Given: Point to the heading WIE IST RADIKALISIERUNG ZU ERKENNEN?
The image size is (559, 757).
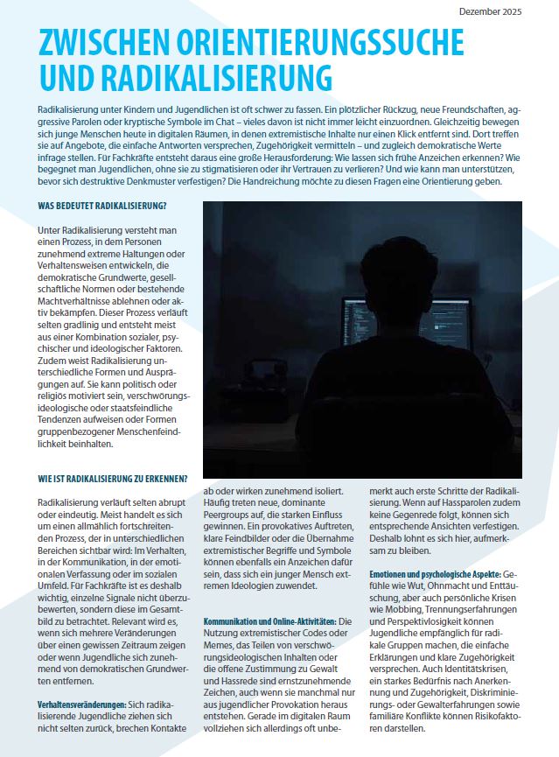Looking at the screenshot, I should (x=113, y=478).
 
